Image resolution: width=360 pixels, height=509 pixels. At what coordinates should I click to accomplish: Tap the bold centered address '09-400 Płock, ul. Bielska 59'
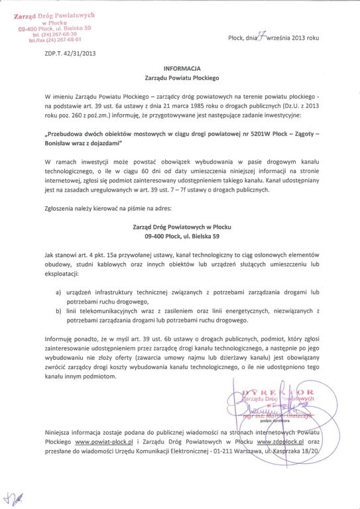(180, 236)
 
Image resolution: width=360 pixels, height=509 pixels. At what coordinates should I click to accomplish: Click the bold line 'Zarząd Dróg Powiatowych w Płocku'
(180, 226)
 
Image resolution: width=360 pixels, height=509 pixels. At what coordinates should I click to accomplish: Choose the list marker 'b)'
(58, 310)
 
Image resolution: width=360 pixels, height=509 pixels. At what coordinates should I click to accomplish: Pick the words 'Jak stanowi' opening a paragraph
(62, 254)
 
